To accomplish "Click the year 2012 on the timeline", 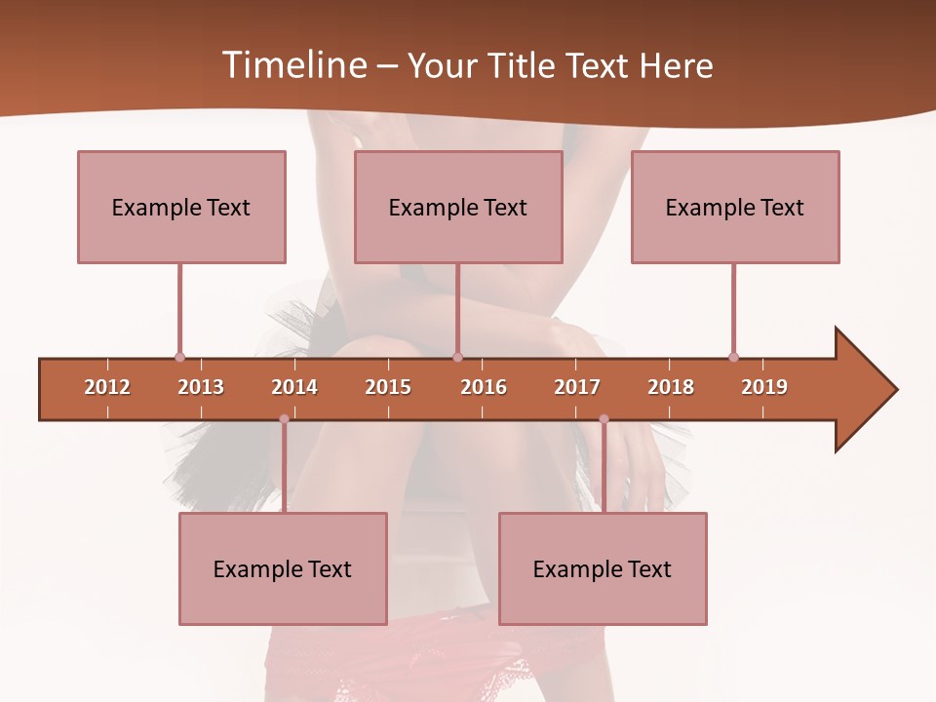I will (x=107, y=387).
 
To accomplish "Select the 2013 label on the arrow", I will (x=201, y=387).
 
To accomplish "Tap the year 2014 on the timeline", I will (x=294, y=387).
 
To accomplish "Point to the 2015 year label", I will (x=388, y=387).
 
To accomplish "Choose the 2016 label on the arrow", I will (x=484, y=387).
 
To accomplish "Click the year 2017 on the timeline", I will (x=577, y=387).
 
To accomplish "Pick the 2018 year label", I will (x=671, y=387).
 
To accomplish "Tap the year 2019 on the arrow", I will (x=764, y=387).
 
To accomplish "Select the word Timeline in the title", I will (x=292, y=65).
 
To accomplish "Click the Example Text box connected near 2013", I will (x=181, y=207).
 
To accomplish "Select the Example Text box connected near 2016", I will (x=458, y=207).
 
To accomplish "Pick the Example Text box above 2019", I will (x=735, y=207).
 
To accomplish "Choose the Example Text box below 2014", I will (x=283, y=568).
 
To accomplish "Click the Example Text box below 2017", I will (x=603, y=568).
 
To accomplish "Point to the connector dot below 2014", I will (x=284, y=419).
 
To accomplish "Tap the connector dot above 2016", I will (x=457, y=357).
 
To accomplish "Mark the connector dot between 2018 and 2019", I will (x=733, y=357).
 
